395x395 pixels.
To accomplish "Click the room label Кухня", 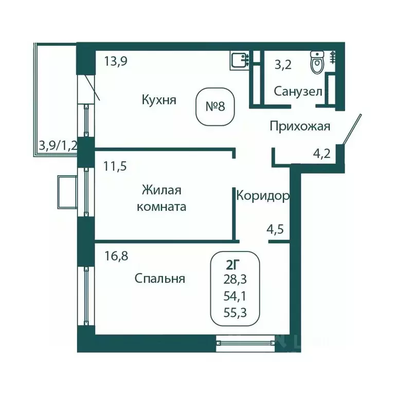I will pyautogui.click(x=159, y=100).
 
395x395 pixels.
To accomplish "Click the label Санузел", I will pyautogui.click(x=298, y=92).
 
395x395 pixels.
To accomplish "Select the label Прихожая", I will pyautogui.click(x=299, y=126).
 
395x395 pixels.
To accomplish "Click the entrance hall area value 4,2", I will pyautogui.click(x=322, y=153).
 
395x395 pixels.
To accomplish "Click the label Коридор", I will pyautogui.click(x=262, y=195).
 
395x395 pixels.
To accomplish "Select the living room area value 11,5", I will pyautogui.click(x=115, y=166).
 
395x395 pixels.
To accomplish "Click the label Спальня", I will pyautogui.click(x=159, y=279).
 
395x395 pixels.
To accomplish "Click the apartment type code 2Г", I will pyautogui.click(x=234, y=265).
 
